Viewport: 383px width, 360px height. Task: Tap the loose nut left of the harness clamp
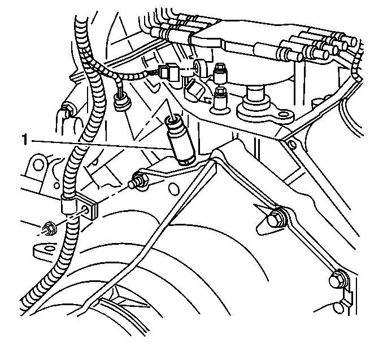[50, 228]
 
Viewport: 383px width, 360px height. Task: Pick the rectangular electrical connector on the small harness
[170, 72]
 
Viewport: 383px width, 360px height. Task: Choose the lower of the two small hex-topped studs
[220, 100]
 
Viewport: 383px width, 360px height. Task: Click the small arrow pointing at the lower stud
[207, 100]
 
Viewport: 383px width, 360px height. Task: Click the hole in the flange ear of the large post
[284, 114]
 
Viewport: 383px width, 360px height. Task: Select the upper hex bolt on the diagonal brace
[276, 218]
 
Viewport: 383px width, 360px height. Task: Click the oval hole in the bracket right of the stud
[173, 188]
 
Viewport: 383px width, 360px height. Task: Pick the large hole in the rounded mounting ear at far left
[38, 164]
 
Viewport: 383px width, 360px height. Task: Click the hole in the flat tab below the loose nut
[50, 249]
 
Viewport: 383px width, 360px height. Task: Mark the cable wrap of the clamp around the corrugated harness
[68, 203]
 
